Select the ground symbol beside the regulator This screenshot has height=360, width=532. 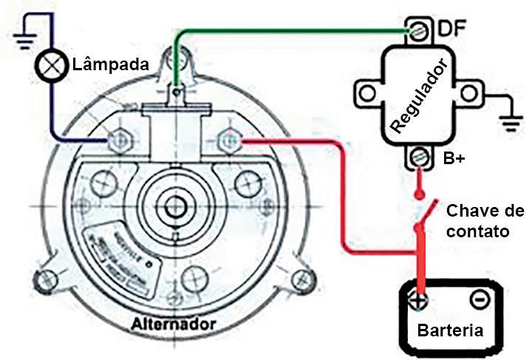coord(508,120)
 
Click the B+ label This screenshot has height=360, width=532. coord(454,157)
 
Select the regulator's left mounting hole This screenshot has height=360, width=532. coord(367,95)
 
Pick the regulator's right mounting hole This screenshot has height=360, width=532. coord(470,95)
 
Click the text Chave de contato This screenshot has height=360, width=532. coord(478,221)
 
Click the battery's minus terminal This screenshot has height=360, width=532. coord(478,300)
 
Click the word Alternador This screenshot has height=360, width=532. coord(174,324)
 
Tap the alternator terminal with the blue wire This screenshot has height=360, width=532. coord(117,139)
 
